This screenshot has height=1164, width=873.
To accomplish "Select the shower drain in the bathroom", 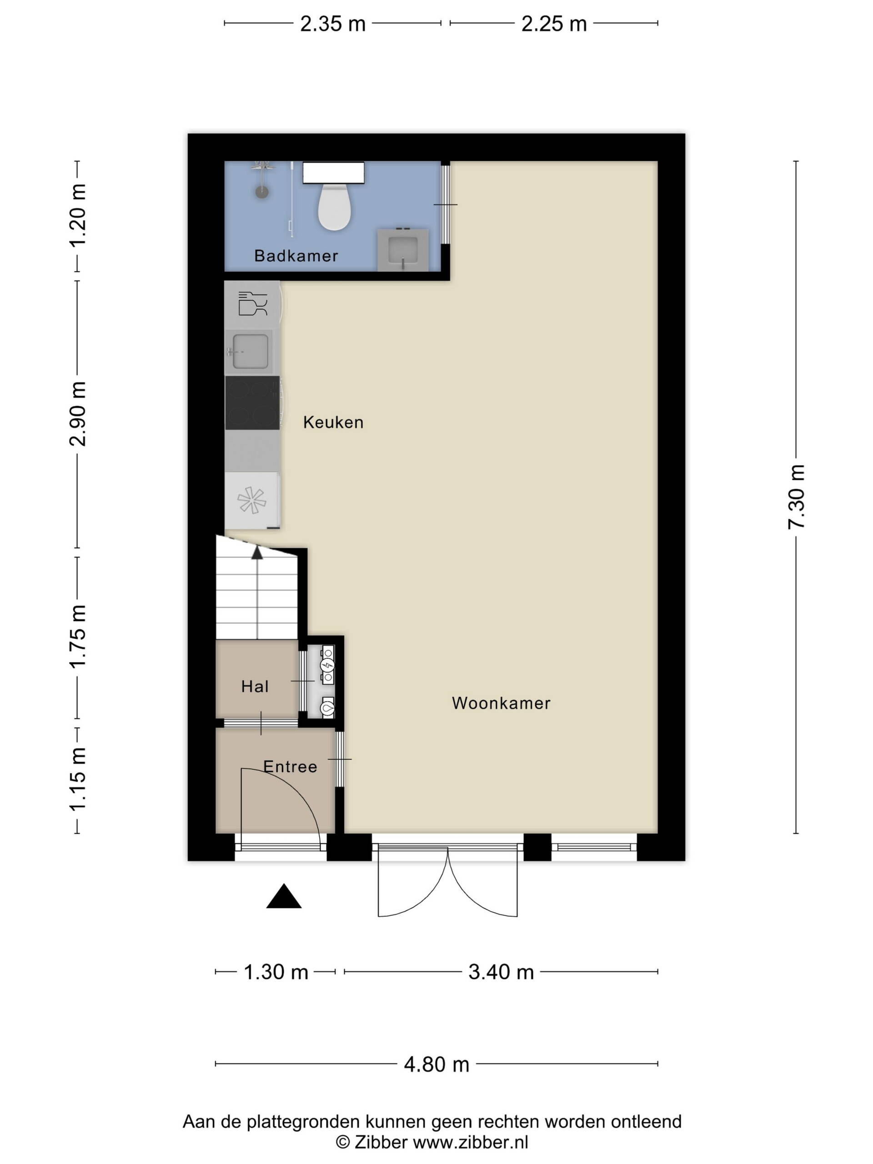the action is click(x=262, y=191).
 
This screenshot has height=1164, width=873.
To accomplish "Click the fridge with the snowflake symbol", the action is click(x=252, y=500).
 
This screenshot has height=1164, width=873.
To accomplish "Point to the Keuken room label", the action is click(x=333, y=422).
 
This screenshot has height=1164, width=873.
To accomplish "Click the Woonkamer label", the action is click(x=501, y=703).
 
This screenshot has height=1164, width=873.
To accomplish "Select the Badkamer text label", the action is click(x=296, y=256).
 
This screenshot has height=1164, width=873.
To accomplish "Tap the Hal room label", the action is click(x=255, y=686).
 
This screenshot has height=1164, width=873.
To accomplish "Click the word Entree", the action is click(x=290, y=767).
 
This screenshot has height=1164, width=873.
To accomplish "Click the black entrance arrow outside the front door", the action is click(x=284, y=896).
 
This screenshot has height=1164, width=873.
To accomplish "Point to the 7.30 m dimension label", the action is click(x=797, y=497).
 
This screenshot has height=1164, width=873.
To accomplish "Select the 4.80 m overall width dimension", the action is click(x=436, y=1064).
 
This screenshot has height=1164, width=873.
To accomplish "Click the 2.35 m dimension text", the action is click(x=332, y=24).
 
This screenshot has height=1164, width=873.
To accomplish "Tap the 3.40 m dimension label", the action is click(x=501, y=972).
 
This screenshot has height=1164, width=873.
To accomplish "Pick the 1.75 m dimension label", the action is click(x=78, y=637).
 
